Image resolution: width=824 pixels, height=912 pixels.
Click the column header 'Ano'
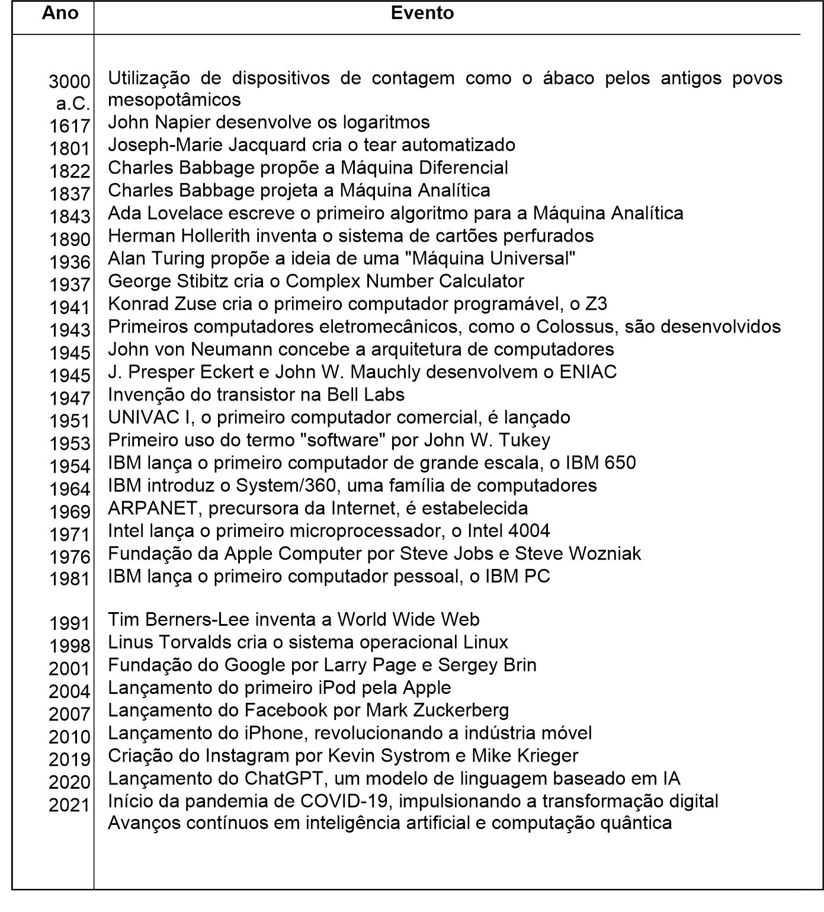click(60, 13)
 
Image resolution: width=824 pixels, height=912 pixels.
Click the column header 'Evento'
click(422, 13)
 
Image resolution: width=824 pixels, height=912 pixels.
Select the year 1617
click(69, 126)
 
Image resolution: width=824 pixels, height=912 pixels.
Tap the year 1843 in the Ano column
click(69, 216)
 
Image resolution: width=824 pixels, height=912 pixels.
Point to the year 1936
click(69, 261)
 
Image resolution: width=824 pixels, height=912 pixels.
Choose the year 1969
click(69, 511)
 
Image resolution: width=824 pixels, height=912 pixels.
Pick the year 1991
click(69, 623)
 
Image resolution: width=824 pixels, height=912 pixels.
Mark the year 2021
click(69, 805)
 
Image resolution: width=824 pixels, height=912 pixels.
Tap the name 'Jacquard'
click(279, 145)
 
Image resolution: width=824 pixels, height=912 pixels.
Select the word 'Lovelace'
click(184, 213)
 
